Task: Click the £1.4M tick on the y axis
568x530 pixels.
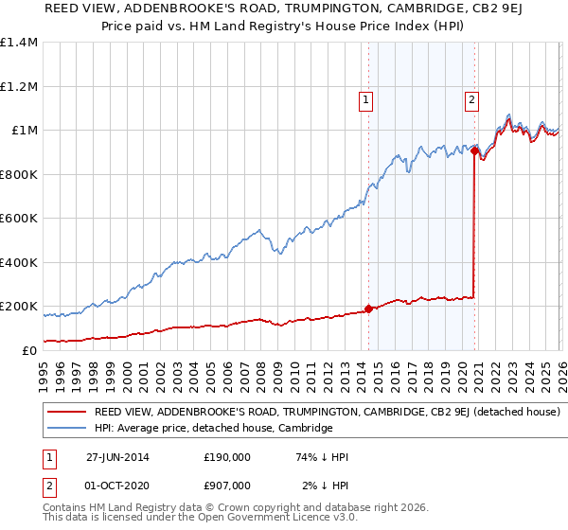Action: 19,43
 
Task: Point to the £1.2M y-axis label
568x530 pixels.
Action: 19,86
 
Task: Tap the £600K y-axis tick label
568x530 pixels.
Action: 19,218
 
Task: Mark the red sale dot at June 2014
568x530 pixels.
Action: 368,309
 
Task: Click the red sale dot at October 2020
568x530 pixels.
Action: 473,150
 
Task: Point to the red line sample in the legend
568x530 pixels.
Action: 67,413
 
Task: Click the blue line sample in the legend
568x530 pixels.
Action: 67,429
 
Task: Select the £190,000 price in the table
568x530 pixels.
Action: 227,457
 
